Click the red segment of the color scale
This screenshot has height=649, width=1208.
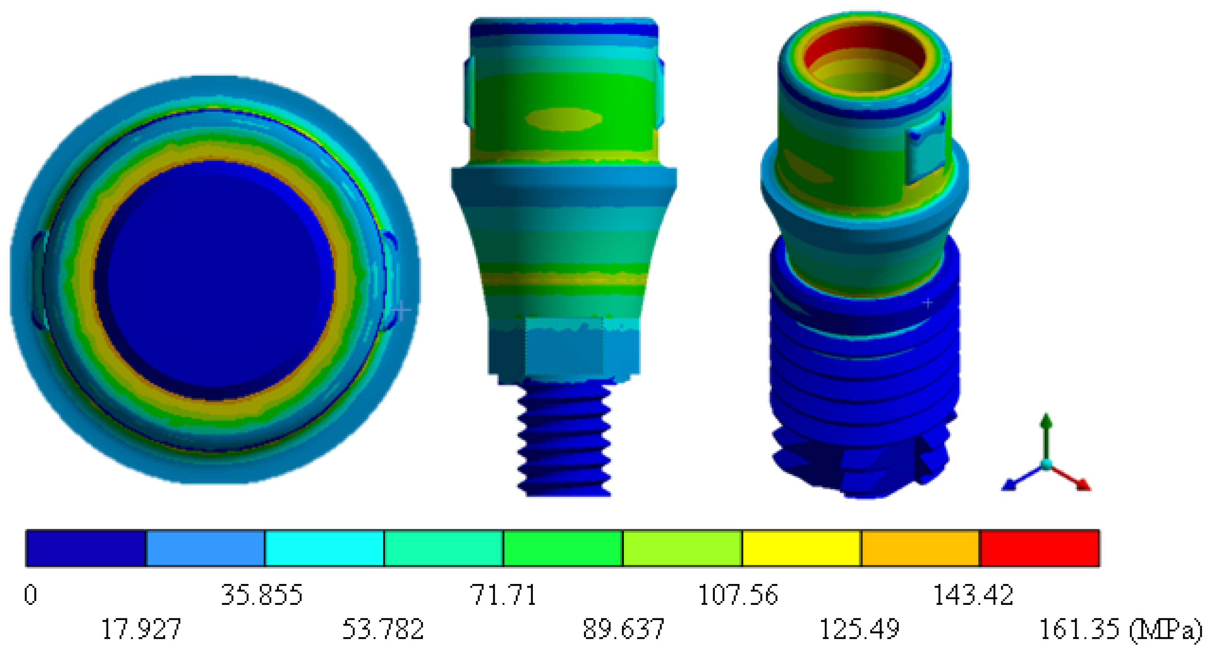click(x=1040, y=548)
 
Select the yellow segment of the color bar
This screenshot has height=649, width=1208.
click(x=802, y=548)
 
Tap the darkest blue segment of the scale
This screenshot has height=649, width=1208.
click(x=86, y=548)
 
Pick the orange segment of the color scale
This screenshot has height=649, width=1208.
click(x=921, y=548)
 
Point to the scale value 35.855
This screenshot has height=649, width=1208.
click(x=262, y=595)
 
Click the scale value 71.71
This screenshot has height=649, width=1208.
click(x=503, y=595)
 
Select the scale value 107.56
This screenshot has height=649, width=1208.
click(x=738, y=595)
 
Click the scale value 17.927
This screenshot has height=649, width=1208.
click(x=141, y=629)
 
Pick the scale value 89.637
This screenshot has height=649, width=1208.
click(x=623, y=629)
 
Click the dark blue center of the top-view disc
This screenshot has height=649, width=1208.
click(x=214, y=280)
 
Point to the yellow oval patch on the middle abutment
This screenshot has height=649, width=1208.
click(x=563, y=119)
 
